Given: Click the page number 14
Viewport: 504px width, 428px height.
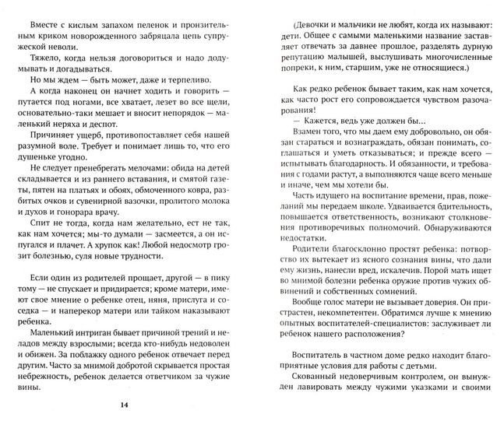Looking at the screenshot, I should pos(126,404).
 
